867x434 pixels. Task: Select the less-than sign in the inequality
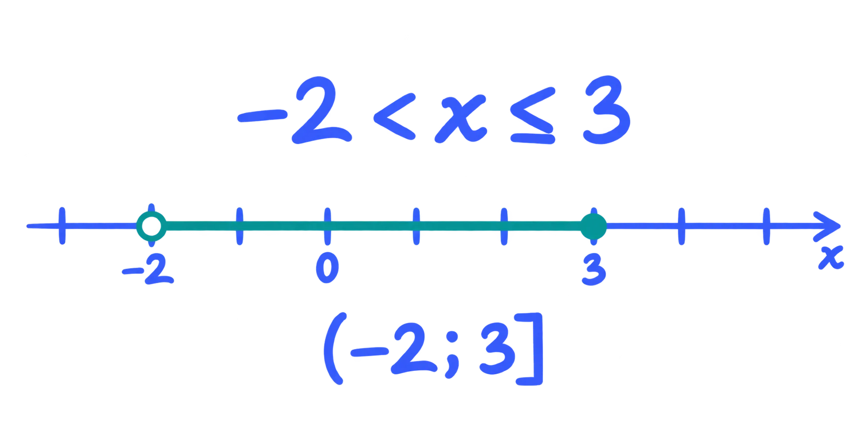point(394,116)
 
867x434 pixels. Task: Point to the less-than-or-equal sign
point(533,115)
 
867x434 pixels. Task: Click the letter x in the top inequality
point(460,118)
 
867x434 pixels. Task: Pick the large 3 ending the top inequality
point(606,110)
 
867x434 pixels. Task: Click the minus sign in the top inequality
point(262,116)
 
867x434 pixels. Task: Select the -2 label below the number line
point(148,270)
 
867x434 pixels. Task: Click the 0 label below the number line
point(327,268)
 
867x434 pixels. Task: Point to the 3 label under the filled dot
point(594,271)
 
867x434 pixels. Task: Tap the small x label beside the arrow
point(831,258)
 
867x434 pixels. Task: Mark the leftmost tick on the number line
point(62,226)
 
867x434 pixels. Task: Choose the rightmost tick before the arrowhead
point(766,226)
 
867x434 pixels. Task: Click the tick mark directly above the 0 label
point(327,226)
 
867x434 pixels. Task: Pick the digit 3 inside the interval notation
point(498,349)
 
